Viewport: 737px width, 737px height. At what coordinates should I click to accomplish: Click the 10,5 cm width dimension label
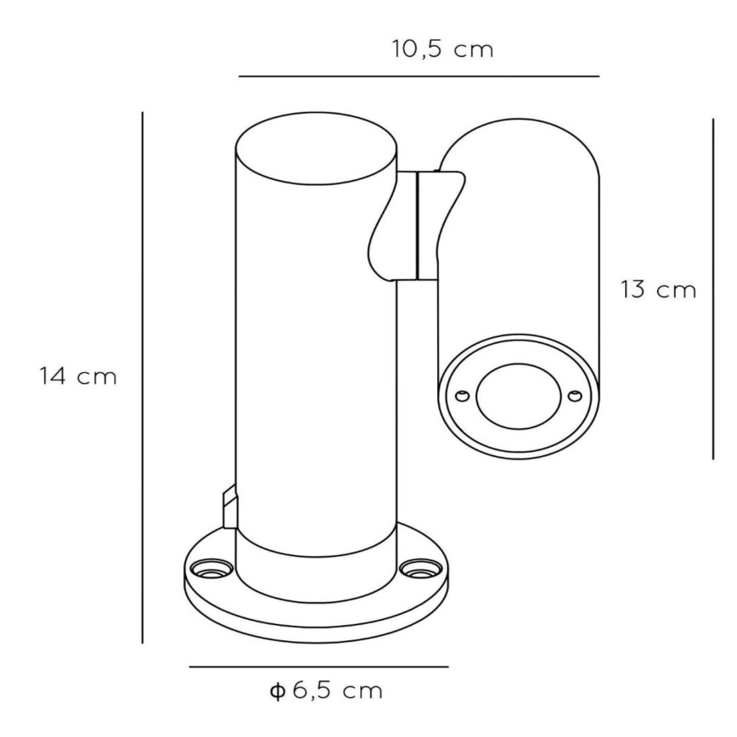442,49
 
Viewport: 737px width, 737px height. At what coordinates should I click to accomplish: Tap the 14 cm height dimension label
78,376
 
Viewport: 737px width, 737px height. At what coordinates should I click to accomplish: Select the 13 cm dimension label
658,290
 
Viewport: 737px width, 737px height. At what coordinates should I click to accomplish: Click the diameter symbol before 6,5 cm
278,691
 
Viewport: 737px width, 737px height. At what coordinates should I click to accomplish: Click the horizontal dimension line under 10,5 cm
419,76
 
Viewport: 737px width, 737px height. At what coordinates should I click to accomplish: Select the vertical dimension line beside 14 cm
142,378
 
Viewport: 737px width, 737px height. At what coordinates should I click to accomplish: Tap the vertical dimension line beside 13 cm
713,289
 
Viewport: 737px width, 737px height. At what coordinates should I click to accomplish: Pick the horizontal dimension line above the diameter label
318,666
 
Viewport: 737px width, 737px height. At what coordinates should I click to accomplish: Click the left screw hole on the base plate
209,569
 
